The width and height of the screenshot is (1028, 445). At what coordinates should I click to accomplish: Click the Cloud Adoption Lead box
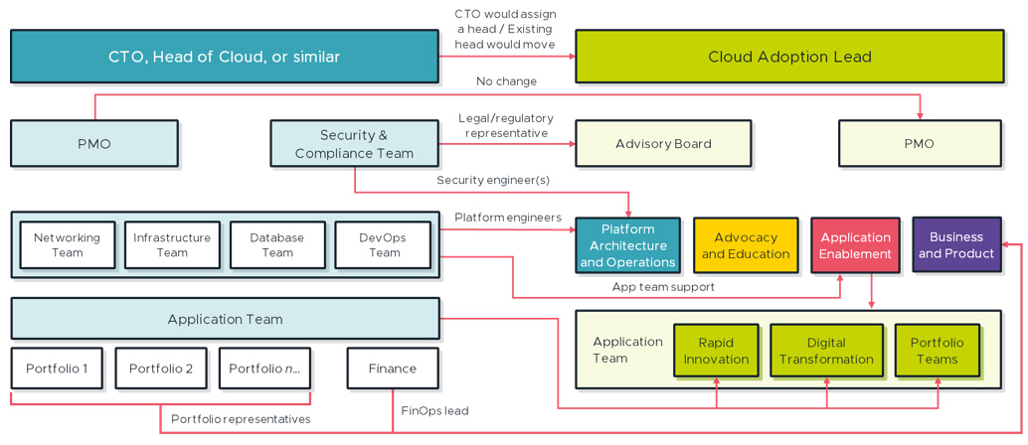789,57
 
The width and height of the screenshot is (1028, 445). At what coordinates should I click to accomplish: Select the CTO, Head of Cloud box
224,57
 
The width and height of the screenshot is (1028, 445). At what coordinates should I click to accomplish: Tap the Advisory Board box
663,144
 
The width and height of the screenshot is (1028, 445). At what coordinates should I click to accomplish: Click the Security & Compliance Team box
354,144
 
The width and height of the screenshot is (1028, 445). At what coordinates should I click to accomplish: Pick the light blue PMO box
94,144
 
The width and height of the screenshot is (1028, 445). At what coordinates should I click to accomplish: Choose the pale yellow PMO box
919,144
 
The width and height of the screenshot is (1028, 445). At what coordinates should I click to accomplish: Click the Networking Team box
67,245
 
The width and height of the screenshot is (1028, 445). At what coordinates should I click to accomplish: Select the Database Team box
277,245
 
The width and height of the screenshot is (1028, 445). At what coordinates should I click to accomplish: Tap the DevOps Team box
384,245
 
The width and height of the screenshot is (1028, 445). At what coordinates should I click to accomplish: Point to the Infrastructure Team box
172,245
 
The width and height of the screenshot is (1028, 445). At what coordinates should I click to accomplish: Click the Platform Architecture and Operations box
627,245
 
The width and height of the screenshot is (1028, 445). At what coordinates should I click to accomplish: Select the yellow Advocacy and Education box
746,245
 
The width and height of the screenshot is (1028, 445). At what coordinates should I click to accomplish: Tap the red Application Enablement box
855,245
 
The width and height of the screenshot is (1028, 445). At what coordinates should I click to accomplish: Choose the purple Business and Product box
956,244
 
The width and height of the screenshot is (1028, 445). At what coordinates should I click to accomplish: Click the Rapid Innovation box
716,351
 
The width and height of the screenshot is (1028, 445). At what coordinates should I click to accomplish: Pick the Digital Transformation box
826,351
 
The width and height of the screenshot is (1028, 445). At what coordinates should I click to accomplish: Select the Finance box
393,369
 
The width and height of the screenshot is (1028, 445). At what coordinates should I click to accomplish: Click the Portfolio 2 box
161,369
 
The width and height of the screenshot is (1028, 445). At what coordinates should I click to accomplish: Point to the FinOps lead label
434,410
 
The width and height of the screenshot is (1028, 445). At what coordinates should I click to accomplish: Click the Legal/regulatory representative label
505,126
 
